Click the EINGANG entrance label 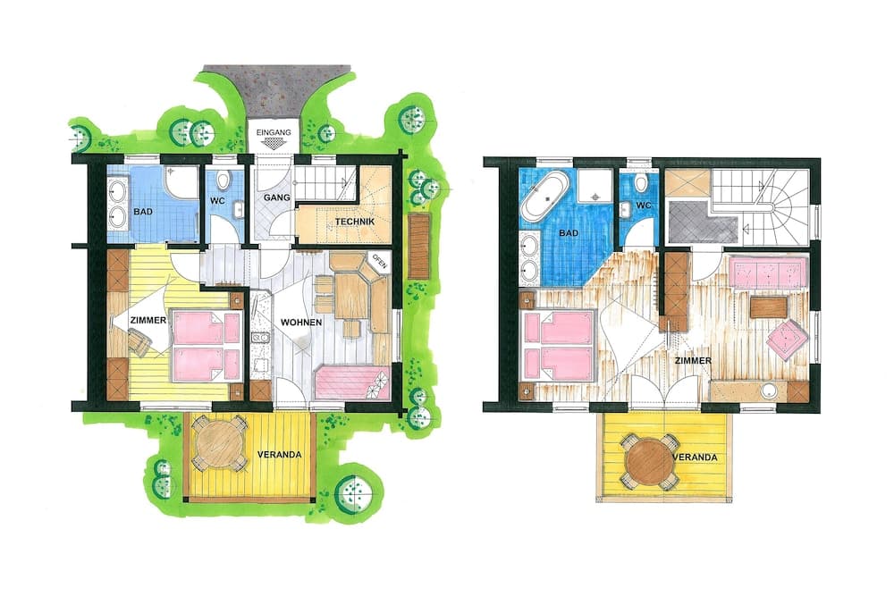pyautogui.click(x=274, y=132)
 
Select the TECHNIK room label pyautogui.click(x=355, y=221)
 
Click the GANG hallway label pyautogui.click(x=276, y=197)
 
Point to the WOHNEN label pyautogui.click(x=301, y=323)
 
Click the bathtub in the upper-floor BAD pyautogui.click(x=545, y=197)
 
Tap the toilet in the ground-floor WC pyautogui.click(x=223, y=180)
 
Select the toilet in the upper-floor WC pyautogui.click(x=642, y=182)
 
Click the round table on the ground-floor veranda pyautogui.click(x=219, y=442)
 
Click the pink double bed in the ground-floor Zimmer pyautogui.click(x=207, y=346)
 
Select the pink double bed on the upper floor pyautogui.click(x=559, y=345)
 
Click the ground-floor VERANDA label pyautogui.click(x=279, y=455)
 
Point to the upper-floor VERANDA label pyautogui.click(x=695, y=457)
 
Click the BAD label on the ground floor pyautogui.click(x=143, y=212)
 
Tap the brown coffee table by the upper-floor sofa pyautogui.click(x=769, y=307)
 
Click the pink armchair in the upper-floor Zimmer pyautogui.click(x=787, y=339)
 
